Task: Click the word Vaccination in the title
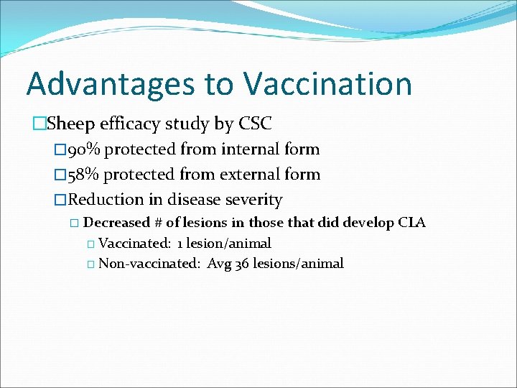[327, 84]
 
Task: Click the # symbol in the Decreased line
[159, 223]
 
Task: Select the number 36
[241, 264]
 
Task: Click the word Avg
[218, 264]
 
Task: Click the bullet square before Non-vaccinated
[90, 264]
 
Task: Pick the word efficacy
[130, 124]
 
